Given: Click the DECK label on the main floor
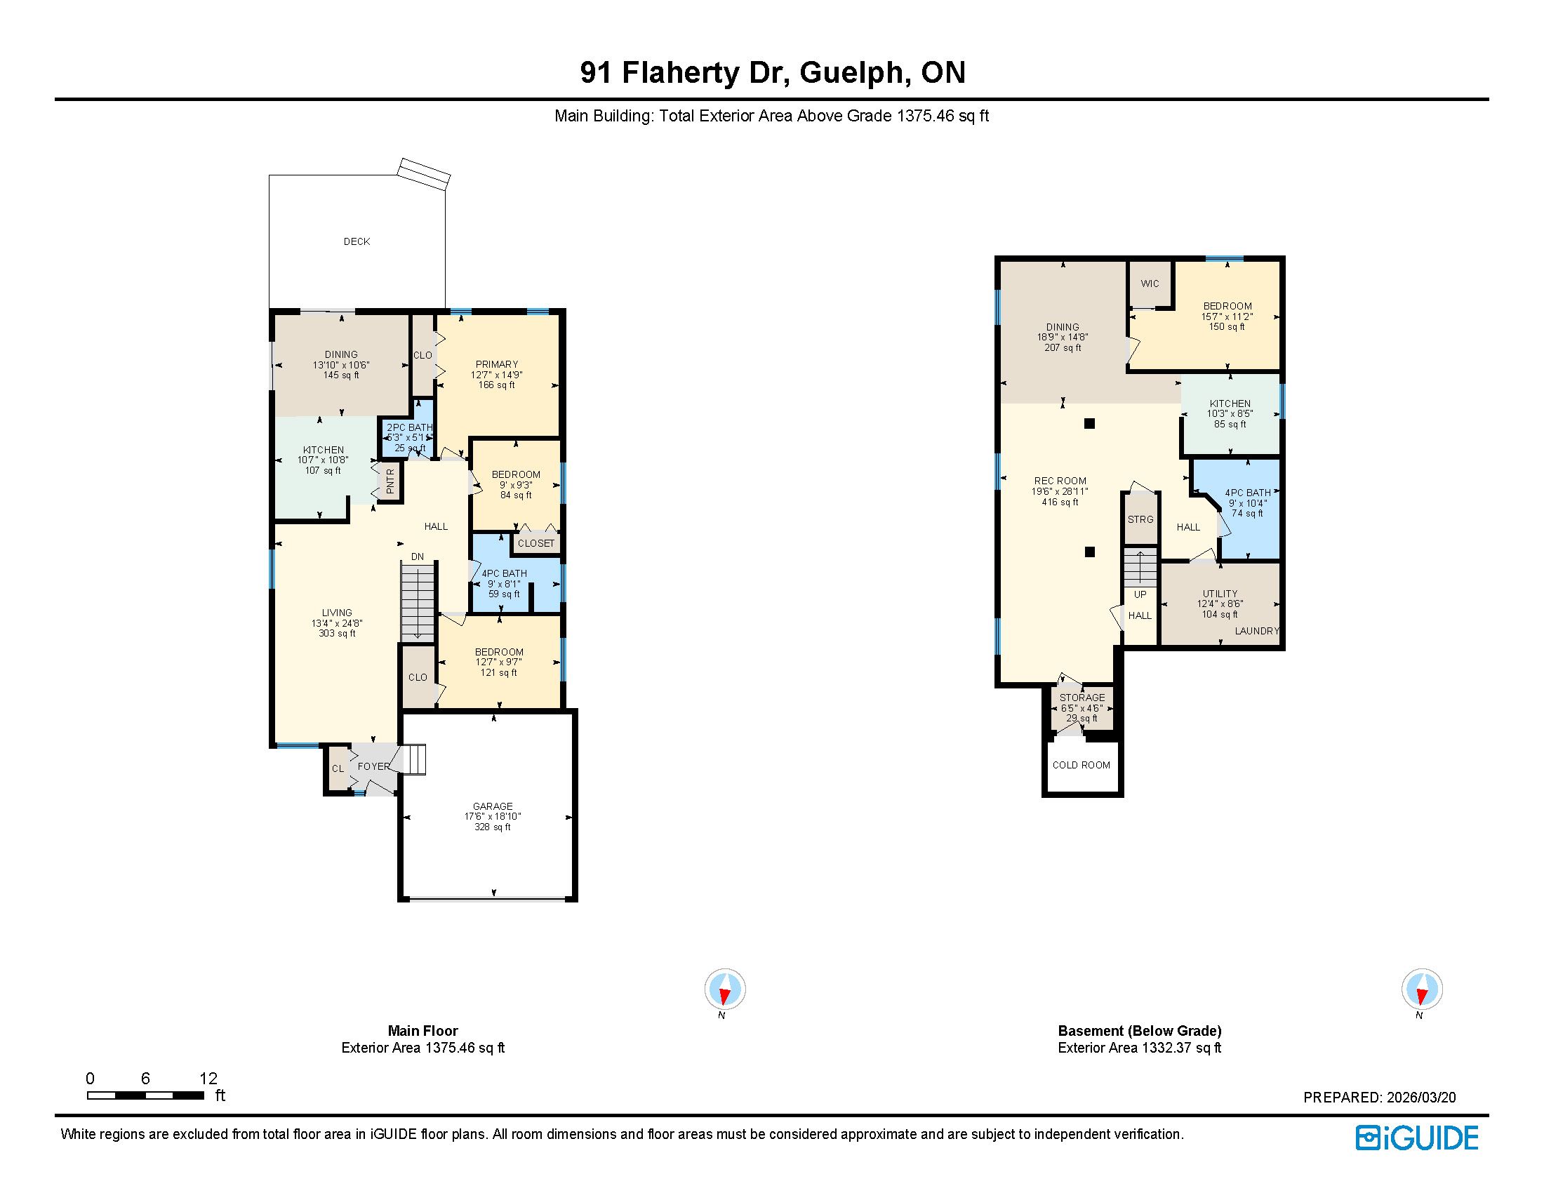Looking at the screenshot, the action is click(x=357, y=241).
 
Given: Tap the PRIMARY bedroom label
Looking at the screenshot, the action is click(x=496, y=365).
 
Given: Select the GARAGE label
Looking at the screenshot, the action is click(x=493, y=806).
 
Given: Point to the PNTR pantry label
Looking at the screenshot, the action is click(x=390, y=482).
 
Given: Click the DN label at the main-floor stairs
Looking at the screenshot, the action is click(x=418, y=557).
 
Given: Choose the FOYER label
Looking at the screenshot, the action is click(x=374, y=767).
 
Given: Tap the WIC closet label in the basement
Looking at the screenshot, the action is click(x=1150, y=284).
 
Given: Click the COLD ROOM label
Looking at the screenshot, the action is click(x=1081, y=766).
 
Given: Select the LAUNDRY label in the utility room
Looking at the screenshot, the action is click(x=1257, y=631).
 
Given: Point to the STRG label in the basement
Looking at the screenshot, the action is click(x=1140, y=519).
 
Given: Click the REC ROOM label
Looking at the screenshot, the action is click(x=1060, y=481).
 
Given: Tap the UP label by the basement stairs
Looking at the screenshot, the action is click(x=1140, y=594).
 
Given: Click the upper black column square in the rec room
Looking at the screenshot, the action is click(x=1089, y=424).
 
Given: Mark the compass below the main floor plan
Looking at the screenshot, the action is click(x=725, y=989).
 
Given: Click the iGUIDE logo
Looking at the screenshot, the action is click(x=1417, y=1138).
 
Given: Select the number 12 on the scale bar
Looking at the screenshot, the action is click(x=208, y=1079).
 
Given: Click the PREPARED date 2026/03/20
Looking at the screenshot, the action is click(x=1420, y=1098).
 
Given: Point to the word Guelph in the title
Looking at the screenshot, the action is click(x=854, y=74).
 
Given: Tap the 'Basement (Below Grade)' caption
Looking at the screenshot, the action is click(x=1140, y=1031).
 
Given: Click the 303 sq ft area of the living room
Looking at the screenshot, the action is click(x=337, y=634).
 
